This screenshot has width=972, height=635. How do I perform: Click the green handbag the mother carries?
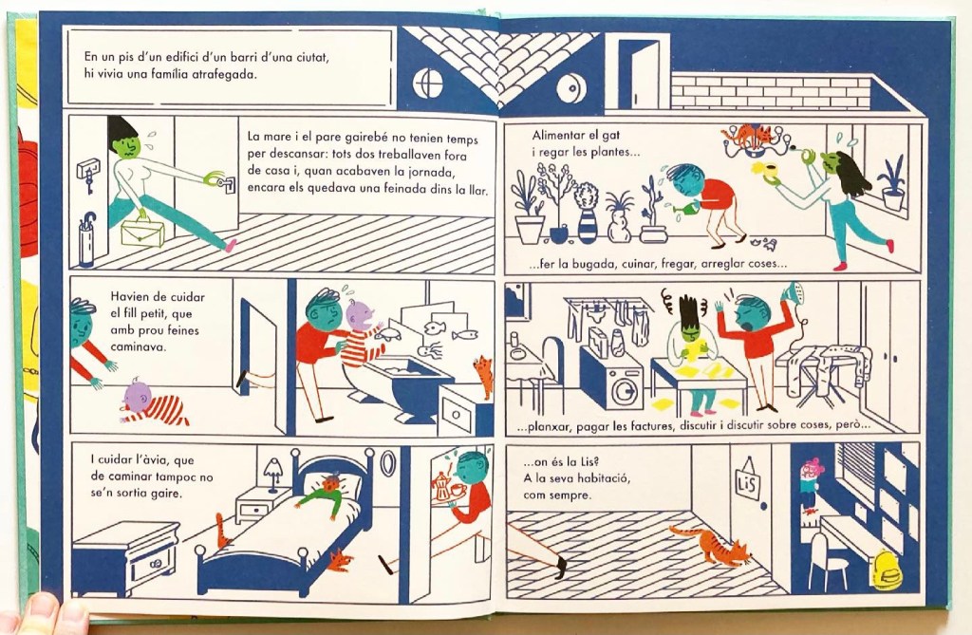coord(142,233)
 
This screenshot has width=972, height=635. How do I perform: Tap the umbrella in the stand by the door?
coord(87,224)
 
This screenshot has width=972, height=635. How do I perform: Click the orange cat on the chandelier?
coord(751,134)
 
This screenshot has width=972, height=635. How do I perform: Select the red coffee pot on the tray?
coord(440,485)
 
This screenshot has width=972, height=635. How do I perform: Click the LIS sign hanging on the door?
coord(747,481)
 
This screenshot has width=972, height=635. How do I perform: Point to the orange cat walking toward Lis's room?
coord(710,545)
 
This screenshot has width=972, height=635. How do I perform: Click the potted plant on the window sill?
coord(892,184)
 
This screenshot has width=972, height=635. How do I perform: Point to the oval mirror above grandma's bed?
coord(387,464)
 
